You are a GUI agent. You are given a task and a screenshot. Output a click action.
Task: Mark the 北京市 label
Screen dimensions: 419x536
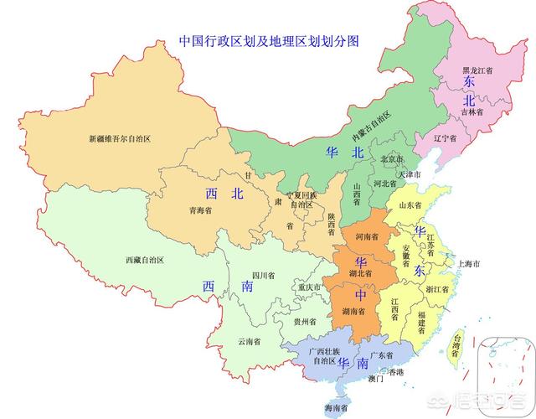pyautogui.click(x=393, y=159)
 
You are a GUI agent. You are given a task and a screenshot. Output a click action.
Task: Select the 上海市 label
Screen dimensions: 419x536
pyautogui.click(x=467, y=264)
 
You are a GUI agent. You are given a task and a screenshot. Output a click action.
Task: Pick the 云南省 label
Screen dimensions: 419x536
pyautogui.click(x=249, y=341)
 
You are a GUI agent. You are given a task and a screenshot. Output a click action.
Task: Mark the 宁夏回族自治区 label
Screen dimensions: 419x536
pyautogui.click(x=301, y=199)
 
